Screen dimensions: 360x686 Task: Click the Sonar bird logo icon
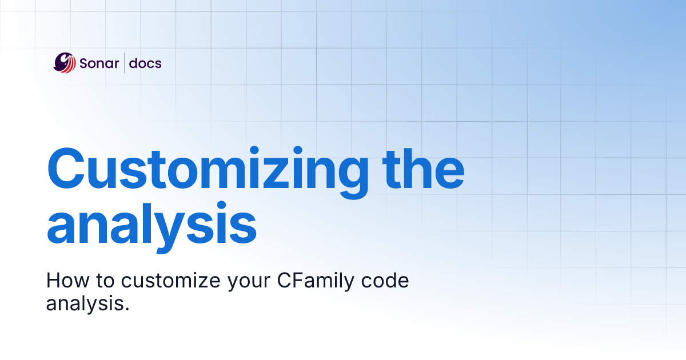click(x=65, y=63)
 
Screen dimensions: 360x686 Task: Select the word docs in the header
click(x=145, y=63)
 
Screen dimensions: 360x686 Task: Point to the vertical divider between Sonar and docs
click(x=125, y=63)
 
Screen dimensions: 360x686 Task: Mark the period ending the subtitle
click(x=127, y=309)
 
